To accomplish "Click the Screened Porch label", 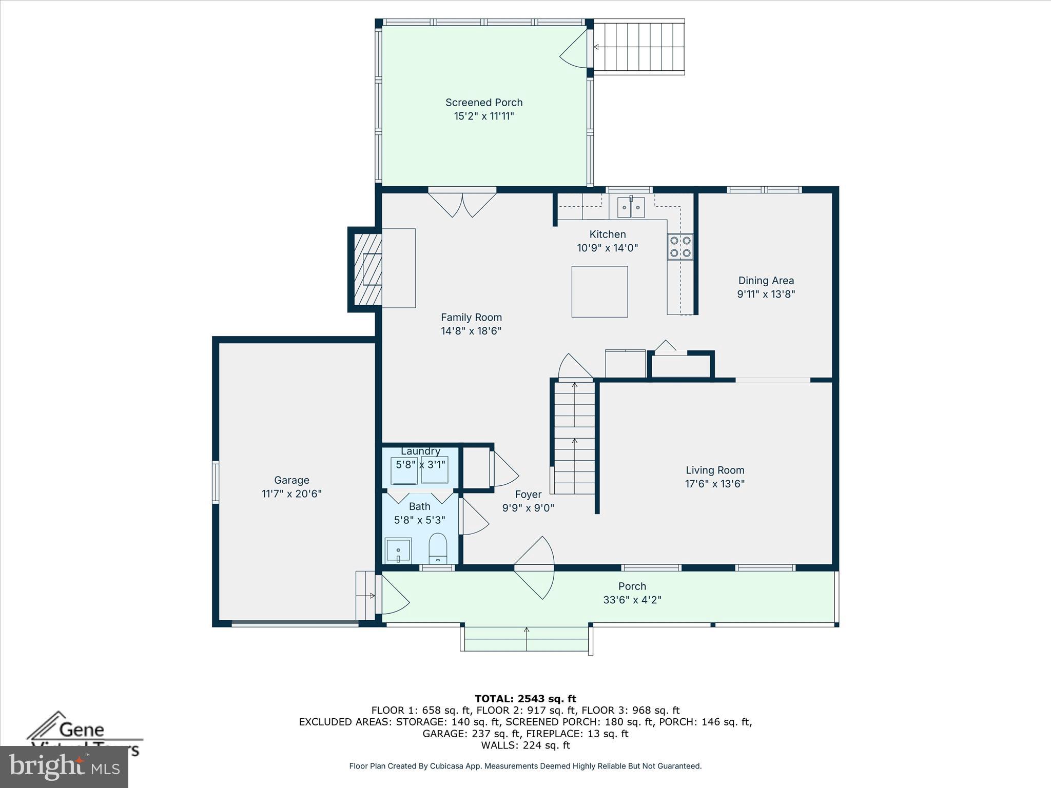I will tap(483, 103).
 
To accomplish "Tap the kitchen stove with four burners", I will tap(680, 247).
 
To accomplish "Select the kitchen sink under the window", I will tap(631, 207).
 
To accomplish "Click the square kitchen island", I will tap(599, 291).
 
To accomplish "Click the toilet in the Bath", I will tap(438, 549).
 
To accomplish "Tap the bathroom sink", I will tap(398, 550).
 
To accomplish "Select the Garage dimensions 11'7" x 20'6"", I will tap(291, 494).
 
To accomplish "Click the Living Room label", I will tap(715, 470).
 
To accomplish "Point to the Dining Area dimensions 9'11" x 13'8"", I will tap(766, 294).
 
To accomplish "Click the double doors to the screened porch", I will tap(462, 204).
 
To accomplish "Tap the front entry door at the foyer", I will tap(534, 568).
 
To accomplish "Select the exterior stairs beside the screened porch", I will tap(639, 47).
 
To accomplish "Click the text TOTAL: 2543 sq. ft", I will tap(525, 699).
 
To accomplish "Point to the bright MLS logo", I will tap(64, 767).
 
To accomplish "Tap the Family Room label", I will tap(471, 318).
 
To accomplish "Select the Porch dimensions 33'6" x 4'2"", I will tap(632, 600).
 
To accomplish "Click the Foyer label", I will tap(528, 495).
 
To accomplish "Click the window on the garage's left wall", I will tap(216, 482).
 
